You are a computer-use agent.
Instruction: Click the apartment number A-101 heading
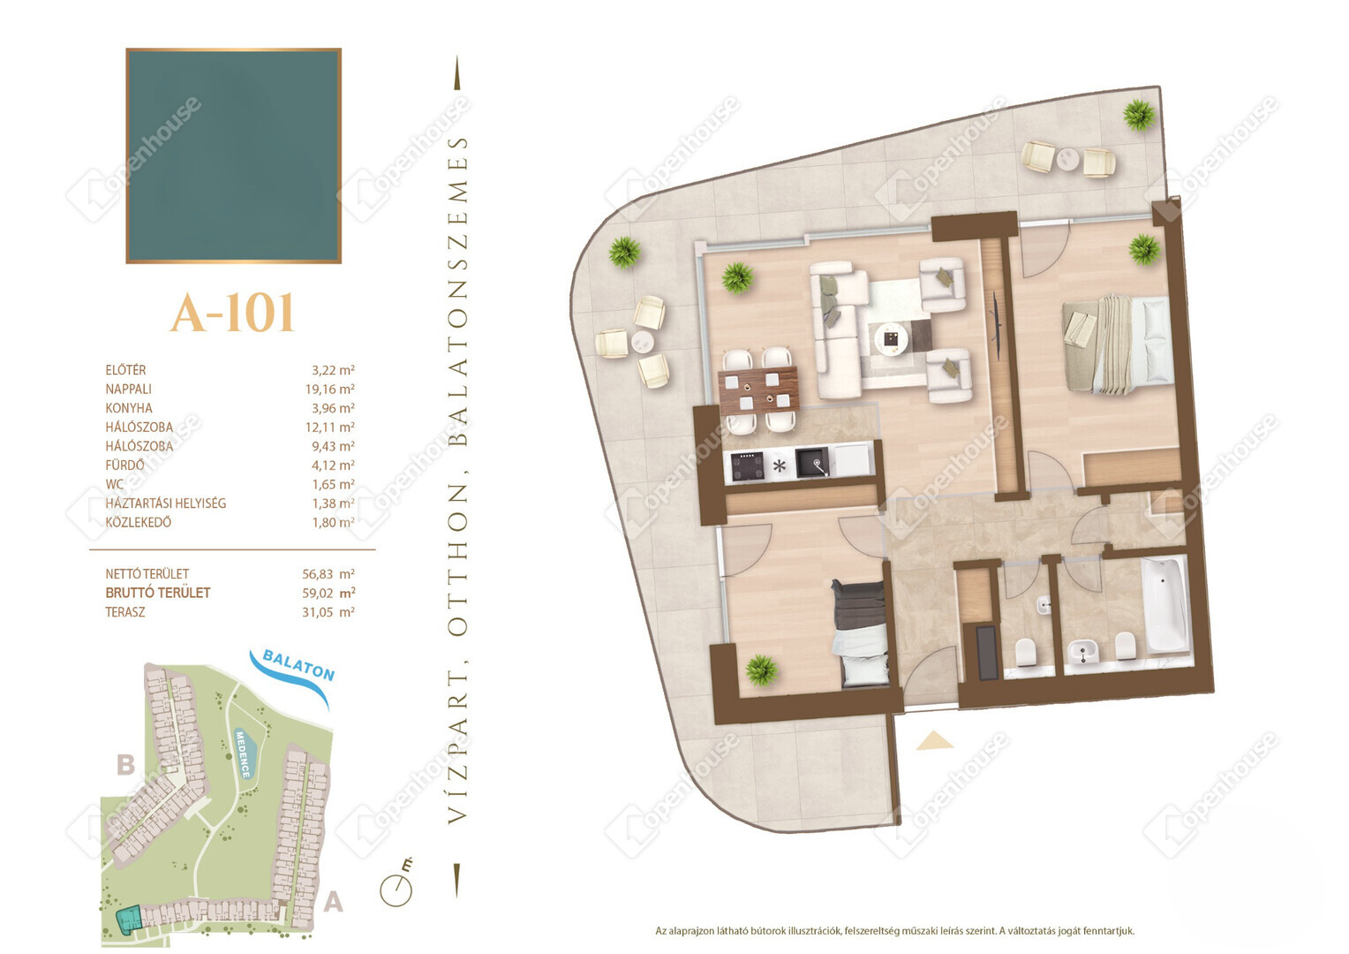click(x=232, y=313)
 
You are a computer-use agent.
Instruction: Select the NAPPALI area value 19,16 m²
click(x=329, y=389)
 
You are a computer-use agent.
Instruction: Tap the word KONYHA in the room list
click(x=129, y=408)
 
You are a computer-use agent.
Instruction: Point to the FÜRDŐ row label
click(x=124, y=466)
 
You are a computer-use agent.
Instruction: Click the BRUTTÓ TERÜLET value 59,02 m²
click(x=328, y=593)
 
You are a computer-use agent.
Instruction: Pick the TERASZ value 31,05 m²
click(x=328, y=612)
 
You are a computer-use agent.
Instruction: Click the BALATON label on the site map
click(x=298, y=665)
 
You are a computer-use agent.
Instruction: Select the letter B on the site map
click(x=125, y=765)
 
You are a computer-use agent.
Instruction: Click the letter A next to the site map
click(x=333, y=902)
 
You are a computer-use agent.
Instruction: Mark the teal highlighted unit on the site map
click(x=128, y=920)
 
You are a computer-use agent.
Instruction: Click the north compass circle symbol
click(x=396, y=890)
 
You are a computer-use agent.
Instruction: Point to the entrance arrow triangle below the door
click(x=934, y=740)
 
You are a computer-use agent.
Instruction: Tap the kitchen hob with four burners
click(x=747, y=466)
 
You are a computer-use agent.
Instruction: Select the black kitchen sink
click(x=812, y=463)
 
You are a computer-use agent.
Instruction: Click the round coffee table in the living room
click(x=891, y=339)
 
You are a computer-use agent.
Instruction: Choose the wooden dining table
click(x=759, y=390)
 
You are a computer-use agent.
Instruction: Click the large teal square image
click(x=234, y=156)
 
